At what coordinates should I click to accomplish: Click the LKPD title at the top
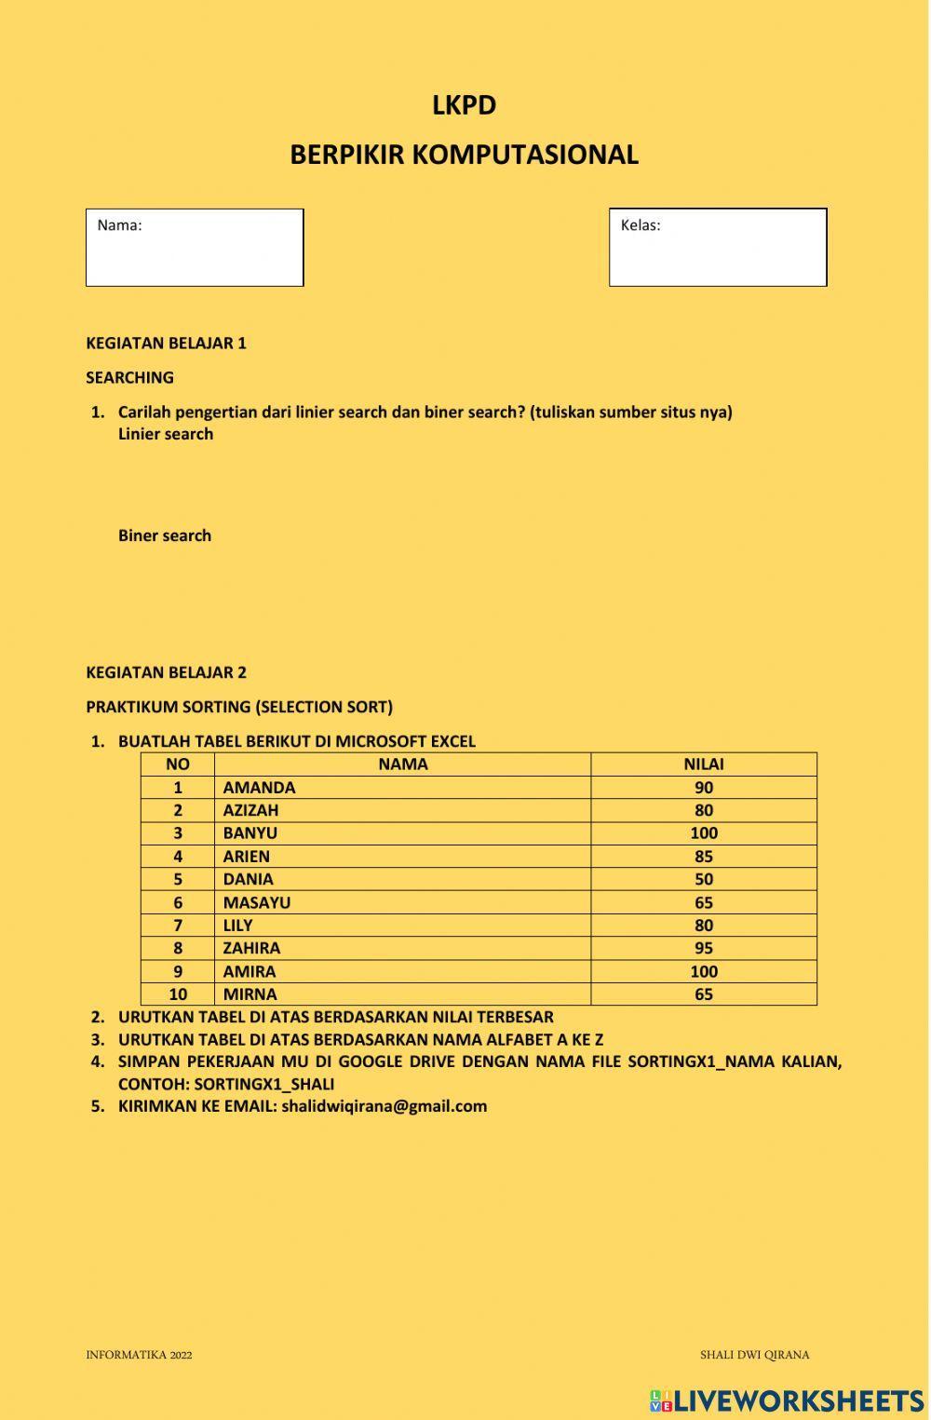click(x=464, y=105)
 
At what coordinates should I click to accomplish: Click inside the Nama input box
click(x=195, y=253)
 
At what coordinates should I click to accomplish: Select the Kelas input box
click(x=718, y=253)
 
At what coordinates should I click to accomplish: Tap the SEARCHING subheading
click(x=129, y=377)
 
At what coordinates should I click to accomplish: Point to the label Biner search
click(x=165, y=535)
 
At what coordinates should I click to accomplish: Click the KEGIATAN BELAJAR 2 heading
click(x=166, y=672)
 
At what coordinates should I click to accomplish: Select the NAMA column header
click(x=402, y=764)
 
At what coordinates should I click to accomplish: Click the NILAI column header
click(x=703, y=764)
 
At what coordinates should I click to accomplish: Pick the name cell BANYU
click(x=250, y=833)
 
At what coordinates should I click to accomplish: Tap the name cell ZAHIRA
click(x=251, y=948)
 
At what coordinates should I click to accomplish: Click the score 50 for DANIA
click(x=703, y=879)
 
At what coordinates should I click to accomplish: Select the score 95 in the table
click(x=703, y=948)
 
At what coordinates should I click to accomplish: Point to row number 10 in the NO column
click(x=177, y=994)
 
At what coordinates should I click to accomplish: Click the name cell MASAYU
click(x=256, y=902)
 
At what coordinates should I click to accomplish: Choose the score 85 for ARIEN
click(x=703, y=856)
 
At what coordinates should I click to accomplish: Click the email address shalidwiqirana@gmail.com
click(x=384, y=1106)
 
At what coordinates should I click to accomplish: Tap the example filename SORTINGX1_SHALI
click(x=263, y=1084)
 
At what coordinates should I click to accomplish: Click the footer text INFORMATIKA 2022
click(x=139, y=1355)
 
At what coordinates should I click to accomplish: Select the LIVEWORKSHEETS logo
click(x=787, y=1400)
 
